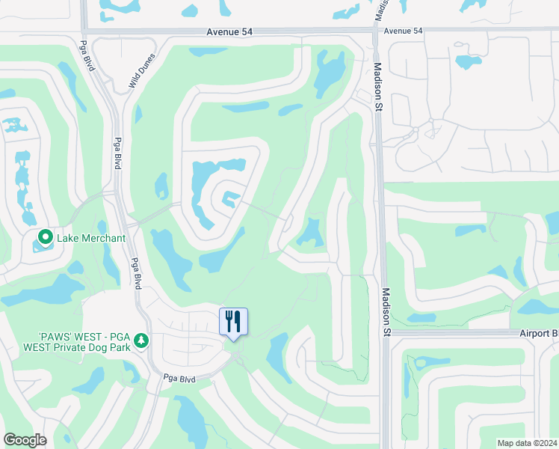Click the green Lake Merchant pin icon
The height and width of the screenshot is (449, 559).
pyautogui.click(x=45, y=238)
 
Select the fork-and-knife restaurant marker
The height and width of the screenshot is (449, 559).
pyautogui.click(x=233, y=321)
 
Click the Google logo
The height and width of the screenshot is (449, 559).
pyautogui.click(x=25, y=439)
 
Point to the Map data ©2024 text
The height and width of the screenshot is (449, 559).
pyautogui.click(x=526, y=443)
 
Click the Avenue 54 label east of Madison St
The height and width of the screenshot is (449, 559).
pyautogui.click(x=403, y=31)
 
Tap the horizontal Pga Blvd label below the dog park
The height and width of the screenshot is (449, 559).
pyautogui.click(x=179, y=379)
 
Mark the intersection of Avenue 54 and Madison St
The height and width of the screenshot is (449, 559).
pyautogui.click(x=374, y=31)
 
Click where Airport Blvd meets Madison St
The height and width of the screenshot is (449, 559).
pyautogui.click(x=386, y=332)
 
